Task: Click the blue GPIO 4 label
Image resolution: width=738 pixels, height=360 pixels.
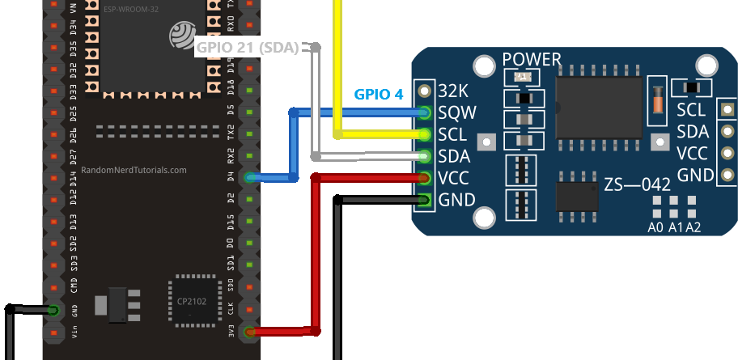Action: (378, 94)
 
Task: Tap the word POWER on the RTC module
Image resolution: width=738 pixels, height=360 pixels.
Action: (532, 60)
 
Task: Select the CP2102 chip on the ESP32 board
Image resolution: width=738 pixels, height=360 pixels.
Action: (193, 302)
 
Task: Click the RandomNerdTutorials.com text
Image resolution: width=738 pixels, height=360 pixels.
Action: (134, 171)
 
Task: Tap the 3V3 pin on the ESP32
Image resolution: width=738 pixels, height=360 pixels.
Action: (250, 331)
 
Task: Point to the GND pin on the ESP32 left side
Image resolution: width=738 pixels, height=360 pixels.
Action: (53, 310)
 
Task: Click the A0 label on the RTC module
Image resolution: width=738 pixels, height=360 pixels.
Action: (656, 227)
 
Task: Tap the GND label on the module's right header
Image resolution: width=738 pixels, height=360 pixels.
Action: (695, 175)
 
